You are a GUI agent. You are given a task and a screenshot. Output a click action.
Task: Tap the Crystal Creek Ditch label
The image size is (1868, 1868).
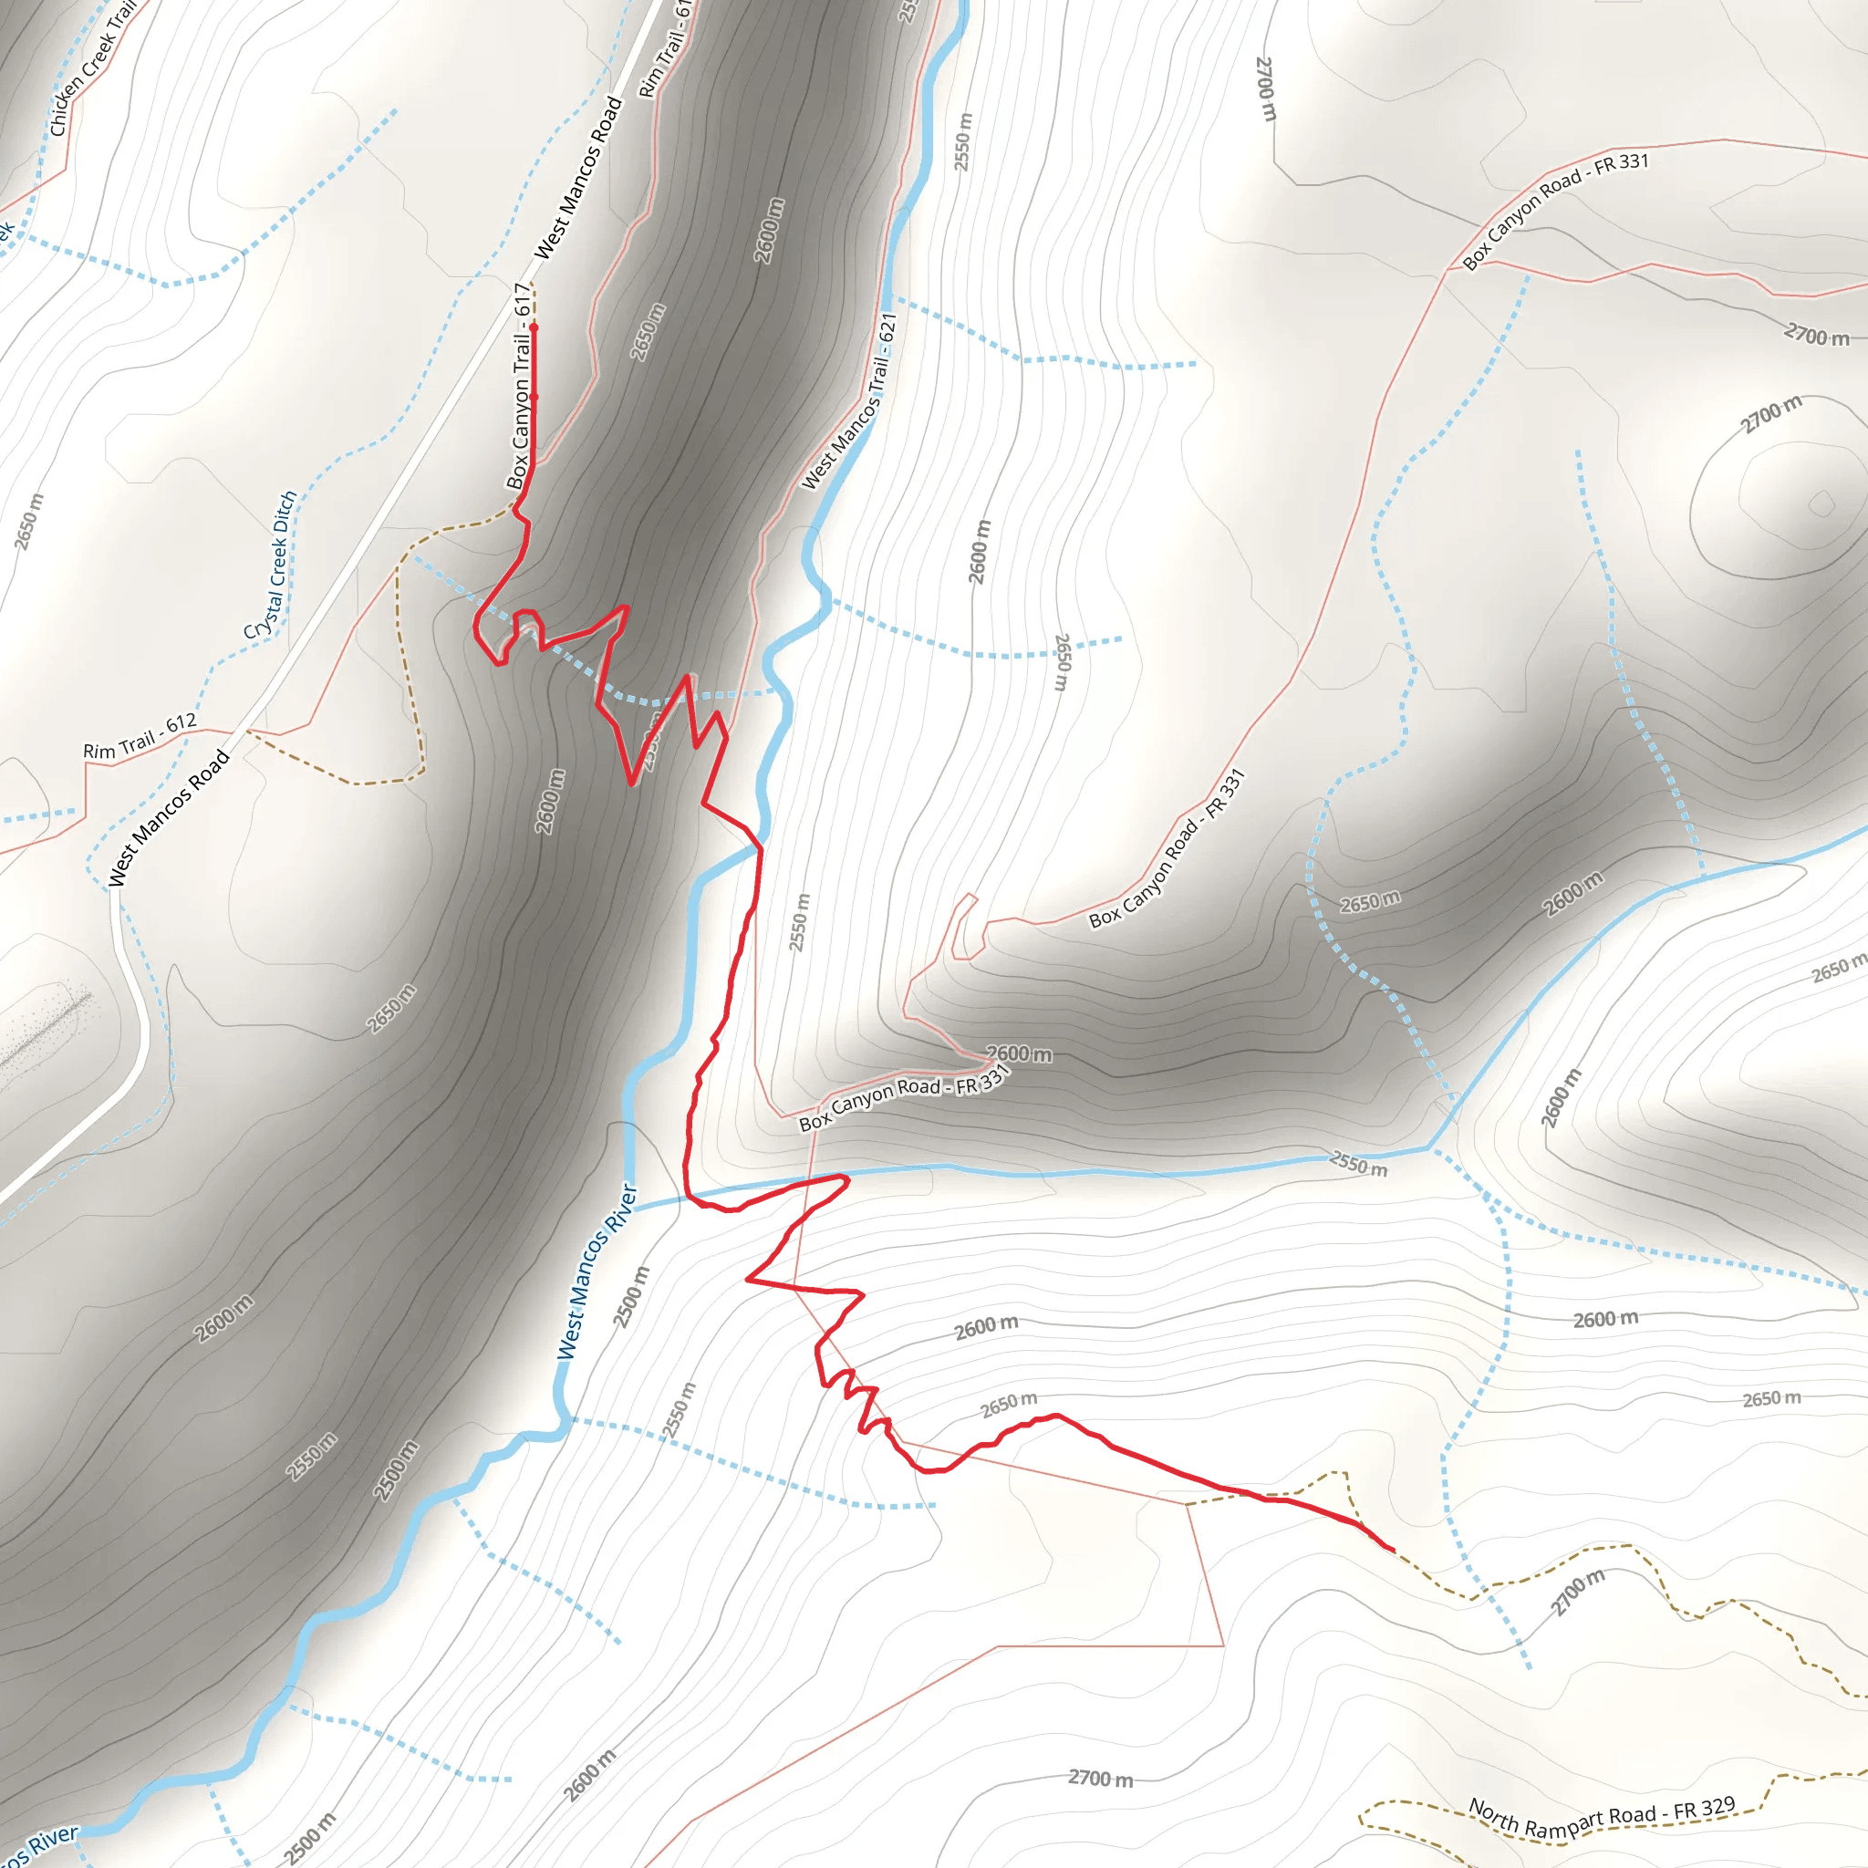tap(271, 566)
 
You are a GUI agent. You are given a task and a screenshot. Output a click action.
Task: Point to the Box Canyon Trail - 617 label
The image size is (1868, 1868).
tap(520, 386)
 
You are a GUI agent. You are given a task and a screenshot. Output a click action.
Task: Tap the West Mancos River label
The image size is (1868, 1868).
tap(597, 1272)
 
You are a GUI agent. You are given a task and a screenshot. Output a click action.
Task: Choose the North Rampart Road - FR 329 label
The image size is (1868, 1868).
tap(1602, 1819)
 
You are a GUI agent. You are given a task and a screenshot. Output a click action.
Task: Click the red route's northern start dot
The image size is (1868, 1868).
tap(533, 327)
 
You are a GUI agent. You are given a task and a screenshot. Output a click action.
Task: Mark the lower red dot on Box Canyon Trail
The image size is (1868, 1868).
tap(534, 397)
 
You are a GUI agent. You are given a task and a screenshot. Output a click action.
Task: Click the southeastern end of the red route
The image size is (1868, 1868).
tap(1392, 1550)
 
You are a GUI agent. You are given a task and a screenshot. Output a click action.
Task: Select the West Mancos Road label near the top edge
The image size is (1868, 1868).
tap(578, 178)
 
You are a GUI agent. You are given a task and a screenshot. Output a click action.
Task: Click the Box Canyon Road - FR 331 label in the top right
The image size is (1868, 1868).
tap(1555, 211)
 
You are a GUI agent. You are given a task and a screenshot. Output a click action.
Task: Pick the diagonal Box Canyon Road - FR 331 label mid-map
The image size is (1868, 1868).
tap(1167, 849)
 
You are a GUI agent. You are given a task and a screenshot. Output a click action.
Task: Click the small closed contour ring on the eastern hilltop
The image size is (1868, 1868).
tap(1821, 503)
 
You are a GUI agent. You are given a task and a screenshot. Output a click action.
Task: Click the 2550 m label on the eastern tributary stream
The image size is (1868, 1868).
tap(1358, 1163)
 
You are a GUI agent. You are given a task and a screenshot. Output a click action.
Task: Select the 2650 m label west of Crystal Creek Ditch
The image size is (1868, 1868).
tap(29, 521)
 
